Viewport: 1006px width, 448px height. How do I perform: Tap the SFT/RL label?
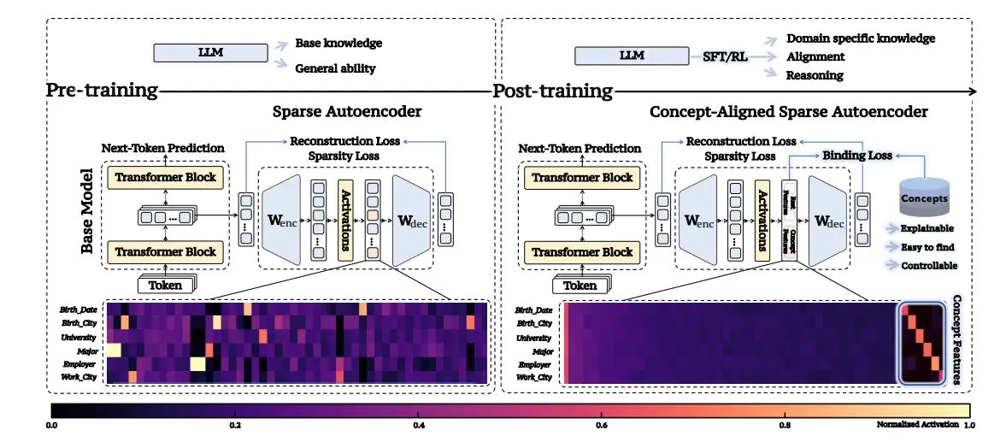point(720,57)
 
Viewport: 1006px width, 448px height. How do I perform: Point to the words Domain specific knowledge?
point(860,38)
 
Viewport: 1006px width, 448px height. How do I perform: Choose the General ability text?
point(335,68)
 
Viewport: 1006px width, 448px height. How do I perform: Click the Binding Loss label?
point(857,156)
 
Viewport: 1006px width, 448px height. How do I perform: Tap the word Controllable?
point(930,266)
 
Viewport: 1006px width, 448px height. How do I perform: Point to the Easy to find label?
point(928,247)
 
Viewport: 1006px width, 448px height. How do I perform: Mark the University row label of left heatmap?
point(78,337)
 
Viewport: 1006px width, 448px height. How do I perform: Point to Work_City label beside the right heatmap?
point(533,377)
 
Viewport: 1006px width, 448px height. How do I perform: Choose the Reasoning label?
point(815,75)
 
